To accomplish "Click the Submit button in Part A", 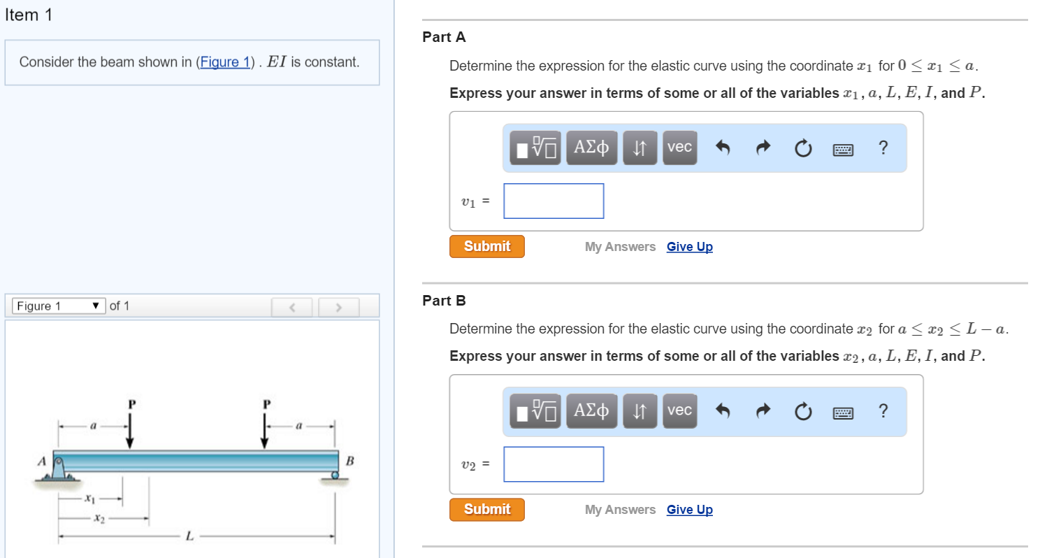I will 486,246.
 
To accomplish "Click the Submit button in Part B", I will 486,509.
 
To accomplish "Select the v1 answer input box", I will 554,201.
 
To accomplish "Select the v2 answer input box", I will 554,464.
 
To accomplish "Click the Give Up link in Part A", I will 689,247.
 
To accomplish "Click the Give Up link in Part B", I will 689,510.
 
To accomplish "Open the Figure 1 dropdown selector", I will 59,306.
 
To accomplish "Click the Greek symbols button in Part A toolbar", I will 591,148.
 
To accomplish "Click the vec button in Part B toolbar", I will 679,410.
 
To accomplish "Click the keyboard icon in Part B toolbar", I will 844,412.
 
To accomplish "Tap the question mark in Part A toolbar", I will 883,148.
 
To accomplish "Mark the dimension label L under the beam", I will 188,536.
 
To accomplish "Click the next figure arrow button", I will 339,306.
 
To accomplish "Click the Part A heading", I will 444,37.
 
